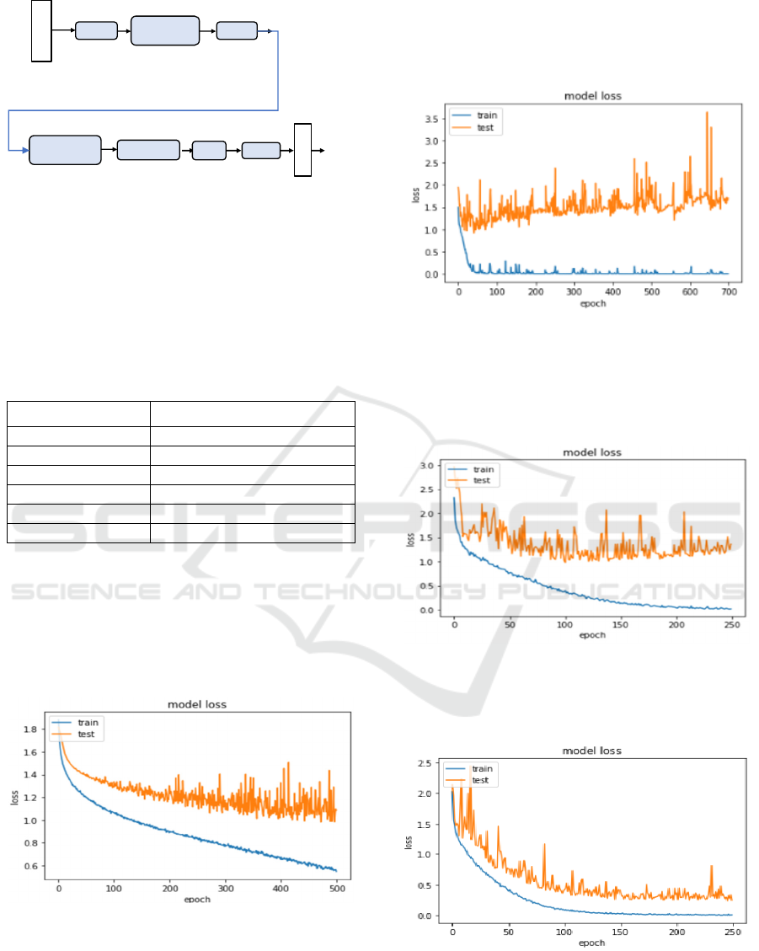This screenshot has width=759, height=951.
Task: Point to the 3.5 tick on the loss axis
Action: click(x=433, y=119)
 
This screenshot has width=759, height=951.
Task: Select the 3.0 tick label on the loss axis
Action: click(x=427, y=466)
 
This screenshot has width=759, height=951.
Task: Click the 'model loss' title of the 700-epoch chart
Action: click(x=592, y=96)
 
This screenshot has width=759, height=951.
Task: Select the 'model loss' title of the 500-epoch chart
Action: click(x=197, y=704)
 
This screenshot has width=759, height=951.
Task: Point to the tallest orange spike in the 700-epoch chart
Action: click(x=707, y=113)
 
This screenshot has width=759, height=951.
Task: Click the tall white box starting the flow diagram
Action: click(x=41, y=31)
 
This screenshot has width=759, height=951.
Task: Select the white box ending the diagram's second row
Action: click(x=302, y=150)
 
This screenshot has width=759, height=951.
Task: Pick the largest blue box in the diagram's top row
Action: click(x=165, y=30)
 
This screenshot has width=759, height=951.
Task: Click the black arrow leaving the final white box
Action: click(x=318, y=150)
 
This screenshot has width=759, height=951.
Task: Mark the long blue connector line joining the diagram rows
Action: click(x=277, y=72)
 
